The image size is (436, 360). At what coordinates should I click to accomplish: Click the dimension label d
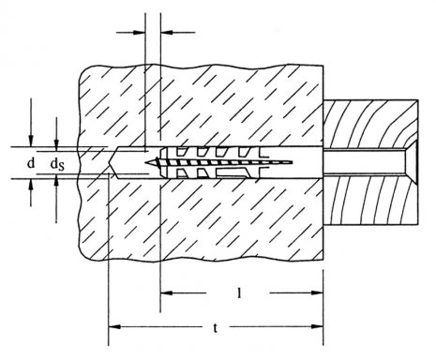[30, 163]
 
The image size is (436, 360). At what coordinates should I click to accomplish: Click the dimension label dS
[57, 164]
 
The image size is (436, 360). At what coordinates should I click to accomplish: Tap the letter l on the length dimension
[239, 292]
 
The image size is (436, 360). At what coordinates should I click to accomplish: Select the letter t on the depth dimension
[215, 328]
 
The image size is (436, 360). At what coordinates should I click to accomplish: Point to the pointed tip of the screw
[146, 162]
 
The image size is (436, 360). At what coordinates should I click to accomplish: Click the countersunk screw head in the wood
[410, 162]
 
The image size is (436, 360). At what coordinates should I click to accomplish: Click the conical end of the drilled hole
[113, 163]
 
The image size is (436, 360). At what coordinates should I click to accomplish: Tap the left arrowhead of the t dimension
[114, 327]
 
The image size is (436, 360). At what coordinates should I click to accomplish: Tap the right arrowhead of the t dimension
[317, 327]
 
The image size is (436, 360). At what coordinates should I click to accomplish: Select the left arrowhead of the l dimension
[166, 292]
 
